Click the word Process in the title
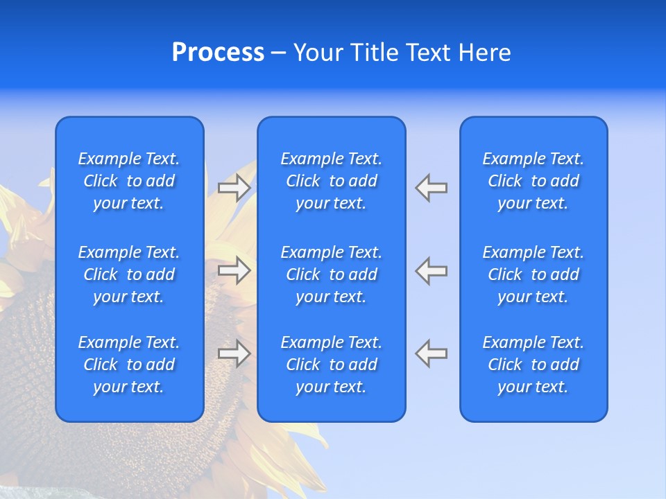coord(218,53)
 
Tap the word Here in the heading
coord(485,53)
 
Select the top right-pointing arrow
coord(234,188)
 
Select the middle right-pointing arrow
coord(234,270)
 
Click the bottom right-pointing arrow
coord(234,353)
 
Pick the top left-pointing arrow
coord(431,188)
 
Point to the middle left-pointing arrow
coord(431,270)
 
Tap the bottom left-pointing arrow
coord(431,353)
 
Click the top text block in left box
coord(129,181)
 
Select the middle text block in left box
coord(129,274)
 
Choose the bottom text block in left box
coord(129,365)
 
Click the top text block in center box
coord(331,181)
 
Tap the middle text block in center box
coord(331,274)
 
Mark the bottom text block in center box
coord(331,365)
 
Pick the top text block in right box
coord(533,181)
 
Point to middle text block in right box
coord(533,274)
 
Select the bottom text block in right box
coord(533,365)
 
